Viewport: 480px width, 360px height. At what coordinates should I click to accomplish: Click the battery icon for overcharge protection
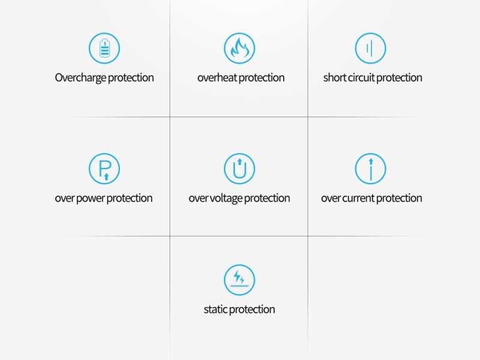click(x=104, y=49)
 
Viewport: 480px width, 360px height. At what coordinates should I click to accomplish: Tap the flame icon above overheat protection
click(x=239, y=49)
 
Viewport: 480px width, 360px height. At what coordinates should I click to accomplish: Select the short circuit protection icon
click(x=370, y=49)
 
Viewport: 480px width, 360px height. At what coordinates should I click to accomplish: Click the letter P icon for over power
click(x=104, y=169)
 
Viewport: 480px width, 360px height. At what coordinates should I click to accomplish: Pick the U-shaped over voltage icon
click(x=239, y=169)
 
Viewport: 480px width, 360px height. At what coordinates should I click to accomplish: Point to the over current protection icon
click(x=370, y=169)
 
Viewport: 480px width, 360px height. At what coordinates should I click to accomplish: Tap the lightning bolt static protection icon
click(x=239, y=280)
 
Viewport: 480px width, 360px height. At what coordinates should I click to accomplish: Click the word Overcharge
click(x=80, y=78)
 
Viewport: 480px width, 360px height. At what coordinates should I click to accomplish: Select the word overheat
click(x=217, y=78)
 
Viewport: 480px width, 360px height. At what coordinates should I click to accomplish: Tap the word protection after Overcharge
click(x=131, y=79)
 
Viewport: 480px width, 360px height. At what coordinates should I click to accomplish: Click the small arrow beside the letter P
click(x=106, y=176)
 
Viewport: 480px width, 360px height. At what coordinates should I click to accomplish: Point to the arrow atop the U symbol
click(x=239, y=162)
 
